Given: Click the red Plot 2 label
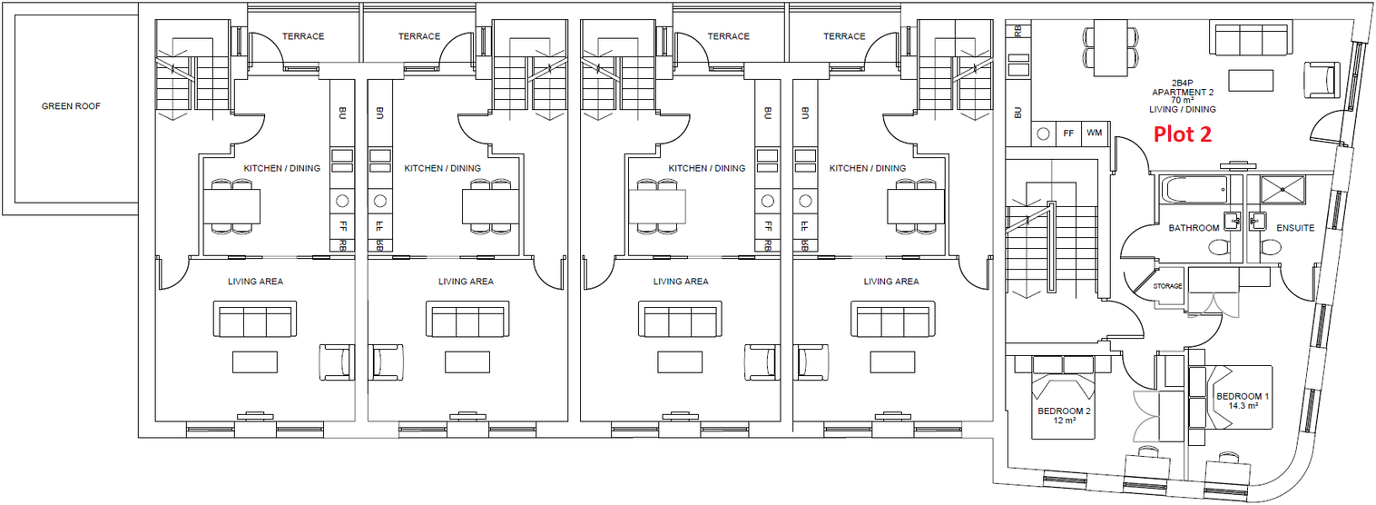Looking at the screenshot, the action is tap(1182, 134).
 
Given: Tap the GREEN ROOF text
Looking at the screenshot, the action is tap(71, 106).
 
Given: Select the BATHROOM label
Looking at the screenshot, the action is tap(1194, 228).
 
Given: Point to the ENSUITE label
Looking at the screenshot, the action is tap(1295, 228).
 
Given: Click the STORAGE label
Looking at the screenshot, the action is tap(1167, 286).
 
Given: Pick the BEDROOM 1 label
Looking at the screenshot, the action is tap(1243, 397).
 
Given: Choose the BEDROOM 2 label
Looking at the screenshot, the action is tap(1064, 411).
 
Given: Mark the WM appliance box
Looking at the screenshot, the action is tap(1094, 133).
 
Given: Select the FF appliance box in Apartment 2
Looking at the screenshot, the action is tap(1068, 133).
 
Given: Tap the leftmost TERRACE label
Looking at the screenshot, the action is tap(303, 36).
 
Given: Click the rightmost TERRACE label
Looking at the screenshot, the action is tap(844, 36).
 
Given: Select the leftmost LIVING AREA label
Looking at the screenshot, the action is tap(255, 282).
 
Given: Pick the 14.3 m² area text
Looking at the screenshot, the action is tap(1243, 407).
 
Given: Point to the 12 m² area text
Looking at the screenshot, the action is tap(1064, 421).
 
